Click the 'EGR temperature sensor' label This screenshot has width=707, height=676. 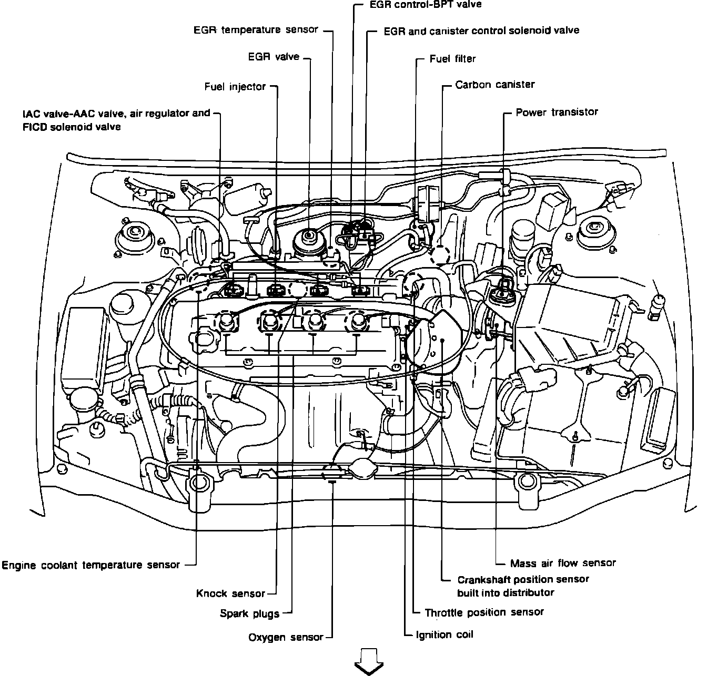[256, 30]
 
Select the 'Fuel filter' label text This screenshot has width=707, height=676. [452, 59]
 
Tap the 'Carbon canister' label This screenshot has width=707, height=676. [495, 85]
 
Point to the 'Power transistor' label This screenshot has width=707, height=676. [557, 112]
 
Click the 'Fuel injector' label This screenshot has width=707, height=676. [235, 87]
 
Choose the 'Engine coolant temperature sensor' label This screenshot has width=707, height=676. [91, 565]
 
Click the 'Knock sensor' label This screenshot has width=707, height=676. [230, 593]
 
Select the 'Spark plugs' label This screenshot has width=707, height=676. [249, 613]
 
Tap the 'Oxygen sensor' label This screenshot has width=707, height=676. [286, 638]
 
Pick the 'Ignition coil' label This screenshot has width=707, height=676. [445, 634]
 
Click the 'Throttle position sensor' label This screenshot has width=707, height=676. [484, 612]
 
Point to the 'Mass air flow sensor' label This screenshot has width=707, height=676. [563, 563]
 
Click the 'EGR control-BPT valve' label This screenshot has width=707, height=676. [426, 5]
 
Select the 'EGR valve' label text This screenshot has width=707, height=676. [274, 57]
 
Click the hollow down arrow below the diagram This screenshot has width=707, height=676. [369, 661]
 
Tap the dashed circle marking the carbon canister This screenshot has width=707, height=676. [440, 255]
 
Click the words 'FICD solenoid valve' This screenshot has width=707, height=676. [72, 127]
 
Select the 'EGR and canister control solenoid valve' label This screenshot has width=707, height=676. [481, 30]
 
